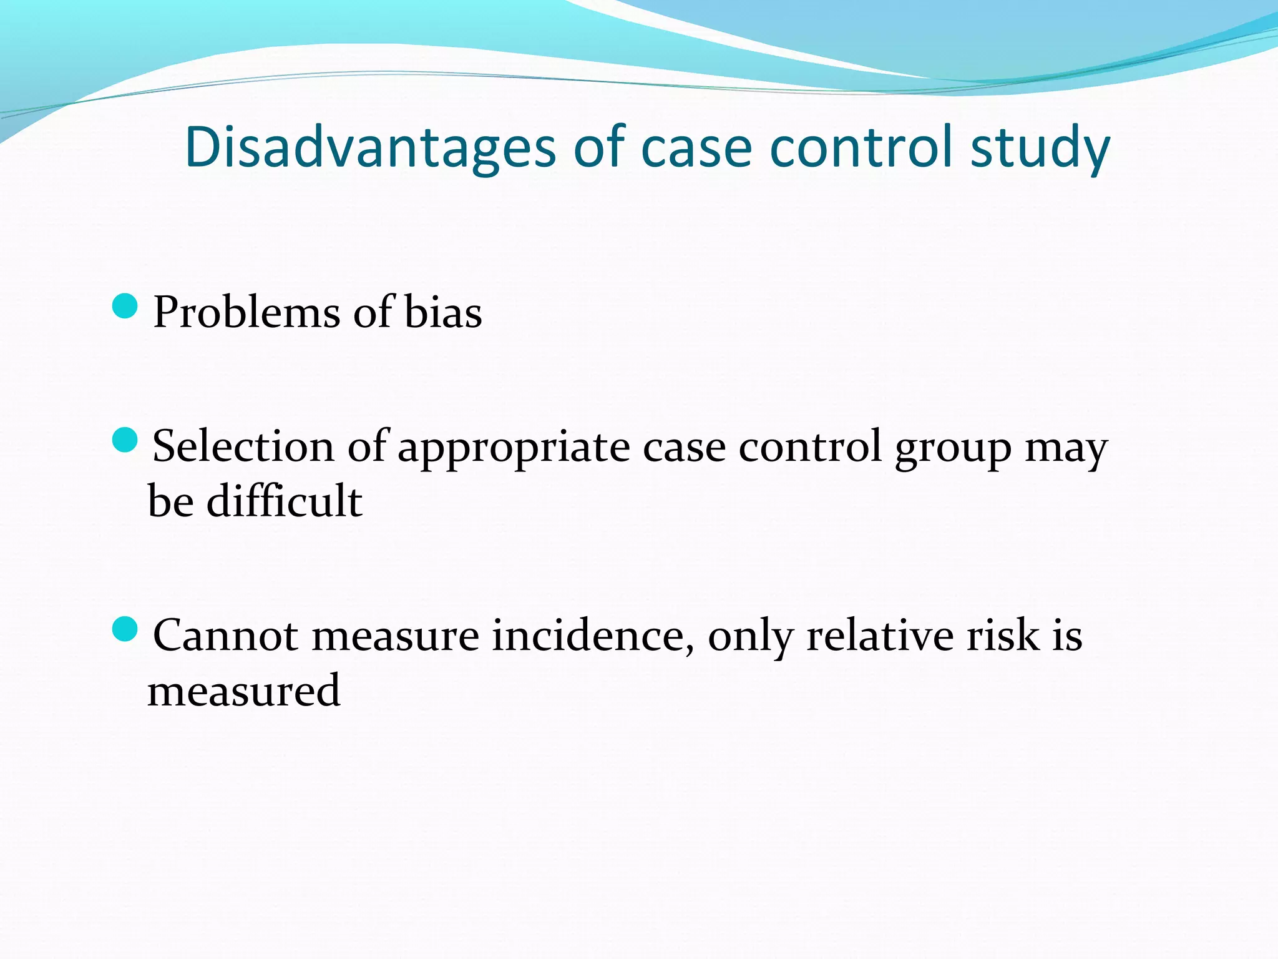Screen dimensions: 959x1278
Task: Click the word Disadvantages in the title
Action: (369, 147)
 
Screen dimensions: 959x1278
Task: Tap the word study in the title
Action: (1040, 147)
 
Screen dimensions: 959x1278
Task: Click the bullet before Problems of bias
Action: (125, 307)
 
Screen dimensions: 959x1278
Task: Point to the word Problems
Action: (247, 312)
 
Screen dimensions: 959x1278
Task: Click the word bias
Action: (443, 312)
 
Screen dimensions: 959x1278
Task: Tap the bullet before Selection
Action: (125, 441)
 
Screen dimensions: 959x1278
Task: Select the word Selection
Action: (243, 447)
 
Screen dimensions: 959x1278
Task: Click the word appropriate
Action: (514, 447)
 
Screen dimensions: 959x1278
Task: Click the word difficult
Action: (284, 501)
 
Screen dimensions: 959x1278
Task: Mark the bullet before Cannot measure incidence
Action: (125, 629)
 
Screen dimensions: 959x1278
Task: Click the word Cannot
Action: (225, 636)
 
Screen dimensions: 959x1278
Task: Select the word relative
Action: (880, 636)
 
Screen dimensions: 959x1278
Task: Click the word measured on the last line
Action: (244, 691)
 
